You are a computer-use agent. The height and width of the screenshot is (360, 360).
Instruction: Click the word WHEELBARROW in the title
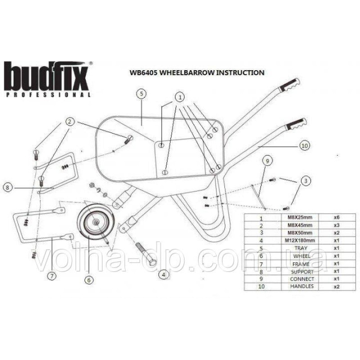tap(176, 72)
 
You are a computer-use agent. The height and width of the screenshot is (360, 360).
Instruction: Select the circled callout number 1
tap(180, 97)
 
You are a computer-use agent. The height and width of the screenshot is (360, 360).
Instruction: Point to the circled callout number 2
tap(69, 121)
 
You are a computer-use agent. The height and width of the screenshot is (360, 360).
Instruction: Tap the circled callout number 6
tap(88, 279)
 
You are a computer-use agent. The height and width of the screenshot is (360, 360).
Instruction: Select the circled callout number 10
tap(305, 145)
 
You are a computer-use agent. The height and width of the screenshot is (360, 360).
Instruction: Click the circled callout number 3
tap(306, 181)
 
